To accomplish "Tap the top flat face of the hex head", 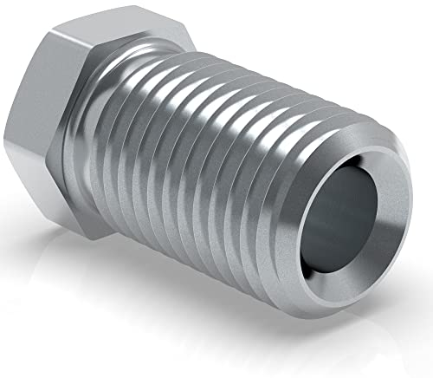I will point(104,39).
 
